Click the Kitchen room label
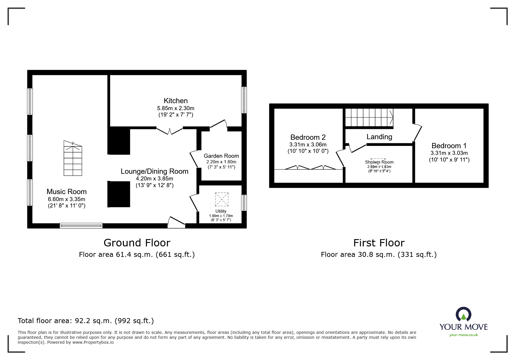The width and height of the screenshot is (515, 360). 176,101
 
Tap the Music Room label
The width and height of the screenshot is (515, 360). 67,192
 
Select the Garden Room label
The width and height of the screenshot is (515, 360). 221,156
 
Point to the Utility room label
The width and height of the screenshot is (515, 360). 221,211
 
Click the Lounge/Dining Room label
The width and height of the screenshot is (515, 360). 154,171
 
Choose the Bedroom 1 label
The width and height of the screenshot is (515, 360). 449,146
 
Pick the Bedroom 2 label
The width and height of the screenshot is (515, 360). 308,137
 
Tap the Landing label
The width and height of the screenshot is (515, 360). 379,137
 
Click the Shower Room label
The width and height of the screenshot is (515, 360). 379,162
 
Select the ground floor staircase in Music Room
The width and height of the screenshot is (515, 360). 73,158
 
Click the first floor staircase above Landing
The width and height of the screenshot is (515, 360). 369,118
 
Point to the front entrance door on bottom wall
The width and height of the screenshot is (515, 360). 176,222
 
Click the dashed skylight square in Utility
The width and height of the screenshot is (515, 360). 222,199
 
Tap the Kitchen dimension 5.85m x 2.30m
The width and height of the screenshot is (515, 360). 176,108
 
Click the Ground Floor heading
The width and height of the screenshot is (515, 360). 137,243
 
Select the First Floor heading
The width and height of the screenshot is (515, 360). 379,243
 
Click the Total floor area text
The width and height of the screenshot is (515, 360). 86,321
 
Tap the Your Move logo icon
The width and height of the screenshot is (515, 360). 463,315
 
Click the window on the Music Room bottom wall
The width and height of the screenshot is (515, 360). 81,225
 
